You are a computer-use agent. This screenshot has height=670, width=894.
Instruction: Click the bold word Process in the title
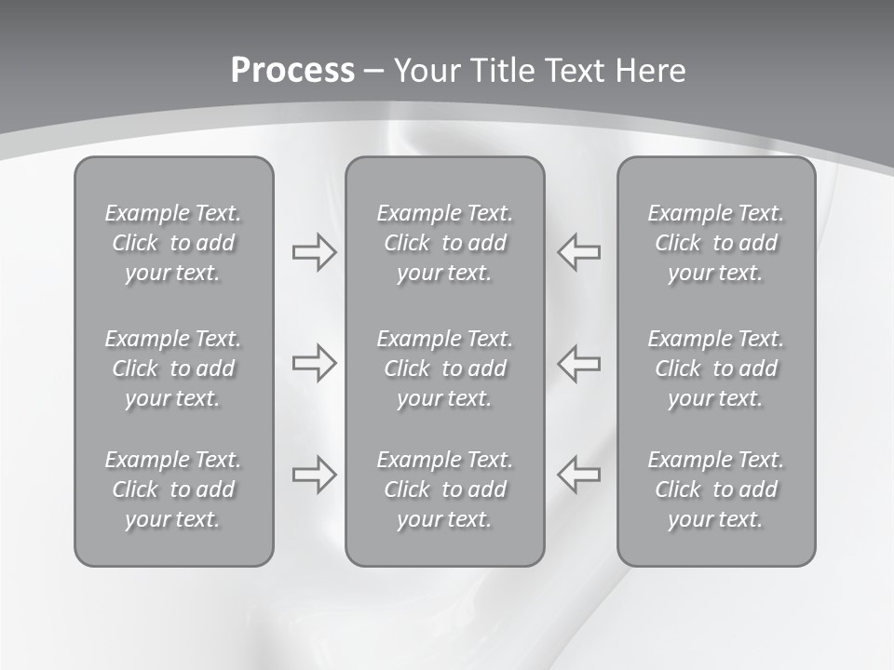292,71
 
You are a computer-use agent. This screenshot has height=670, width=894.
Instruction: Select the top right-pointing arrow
314,252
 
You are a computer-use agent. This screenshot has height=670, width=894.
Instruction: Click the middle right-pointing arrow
314,363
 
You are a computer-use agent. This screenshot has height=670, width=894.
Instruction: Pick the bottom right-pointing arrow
314,475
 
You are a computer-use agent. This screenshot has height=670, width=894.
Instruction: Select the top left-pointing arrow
579,252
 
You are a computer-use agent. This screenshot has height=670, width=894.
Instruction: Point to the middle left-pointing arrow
579,363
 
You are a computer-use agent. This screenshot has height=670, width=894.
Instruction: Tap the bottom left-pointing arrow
579,475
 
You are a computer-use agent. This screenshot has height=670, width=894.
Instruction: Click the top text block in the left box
173,243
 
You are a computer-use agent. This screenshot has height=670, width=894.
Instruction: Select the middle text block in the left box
173,368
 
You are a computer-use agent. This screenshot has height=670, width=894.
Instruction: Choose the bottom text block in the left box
173,489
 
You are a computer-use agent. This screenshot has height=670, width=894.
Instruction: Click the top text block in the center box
444,243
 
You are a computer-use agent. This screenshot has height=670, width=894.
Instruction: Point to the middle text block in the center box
444,368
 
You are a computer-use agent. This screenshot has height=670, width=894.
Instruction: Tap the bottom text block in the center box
444,489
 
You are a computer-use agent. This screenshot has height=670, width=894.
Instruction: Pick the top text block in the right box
715,243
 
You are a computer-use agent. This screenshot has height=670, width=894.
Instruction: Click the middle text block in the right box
715,368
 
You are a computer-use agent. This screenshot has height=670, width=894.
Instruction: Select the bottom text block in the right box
715,489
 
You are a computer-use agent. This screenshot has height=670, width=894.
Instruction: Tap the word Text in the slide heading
571,71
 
